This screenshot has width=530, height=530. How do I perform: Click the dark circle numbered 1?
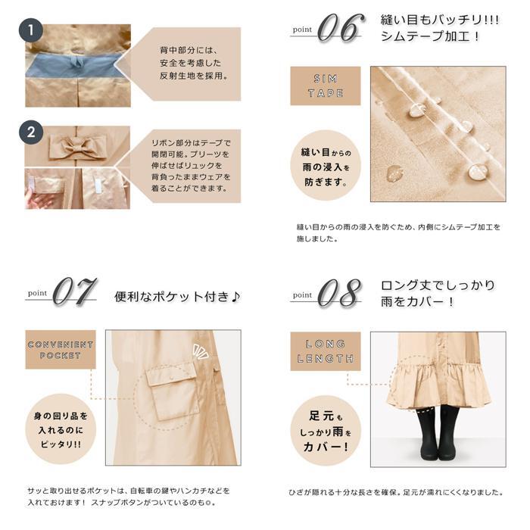(31, 30)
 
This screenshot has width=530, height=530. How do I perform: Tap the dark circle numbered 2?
(31, 132)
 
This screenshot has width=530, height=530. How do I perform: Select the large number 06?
(341, 28)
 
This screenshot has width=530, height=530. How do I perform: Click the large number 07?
(75, 291)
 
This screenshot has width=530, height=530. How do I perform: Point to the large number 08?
(340, 293)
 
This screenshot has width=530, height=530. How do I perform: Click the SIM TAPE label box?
(326, 86)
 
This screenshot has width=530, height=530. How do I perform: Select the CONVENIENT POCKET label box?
(61, 350)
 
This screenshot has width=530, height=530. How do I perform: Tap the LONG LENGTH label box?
(326, 351)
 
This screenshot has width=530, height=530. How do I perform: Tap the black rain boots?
(438, 432)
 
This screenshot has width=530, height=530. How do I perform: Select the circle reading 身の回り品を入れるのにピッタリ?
(61, 429)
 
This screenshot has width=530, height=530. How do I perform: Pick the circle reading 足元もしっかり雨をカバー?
(326, 431)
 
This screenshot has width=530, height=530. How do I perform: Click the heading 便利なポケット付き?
(177, 297)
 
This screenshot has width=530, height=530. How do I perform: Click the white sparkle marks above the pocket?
(200, 351)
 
